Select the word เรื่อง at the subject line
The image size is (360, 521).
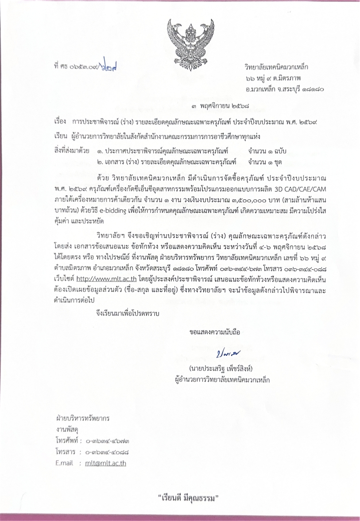59,121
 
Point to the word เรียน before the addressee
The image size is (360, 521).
60,135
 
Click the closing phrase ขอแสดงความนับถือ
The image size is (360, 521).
214,332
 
